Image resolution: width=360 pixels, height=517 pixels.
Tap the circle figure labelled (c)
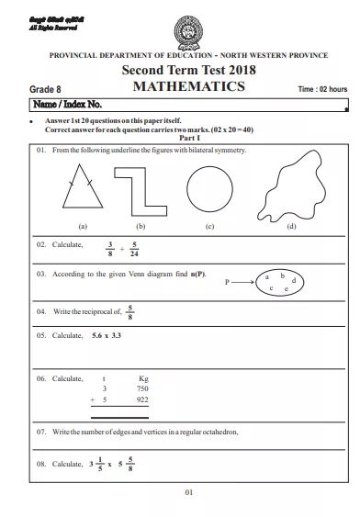pos(210,190)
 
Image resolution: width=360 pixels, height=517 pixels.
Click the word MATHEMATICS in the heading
pos(188,87)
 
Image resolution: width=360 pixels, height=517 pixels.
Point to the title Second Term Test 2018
pos(187,71)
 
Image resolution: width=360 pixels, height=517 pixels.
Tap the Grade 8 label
pos(46,90)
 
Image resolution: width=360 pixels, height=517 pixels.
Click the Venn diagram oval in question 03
pos(278,283)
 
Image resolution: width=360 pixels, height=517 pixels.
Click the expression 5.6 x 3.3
pos(107,336)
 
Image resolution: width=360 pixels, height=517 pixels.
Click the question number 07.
pos(41,431)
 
